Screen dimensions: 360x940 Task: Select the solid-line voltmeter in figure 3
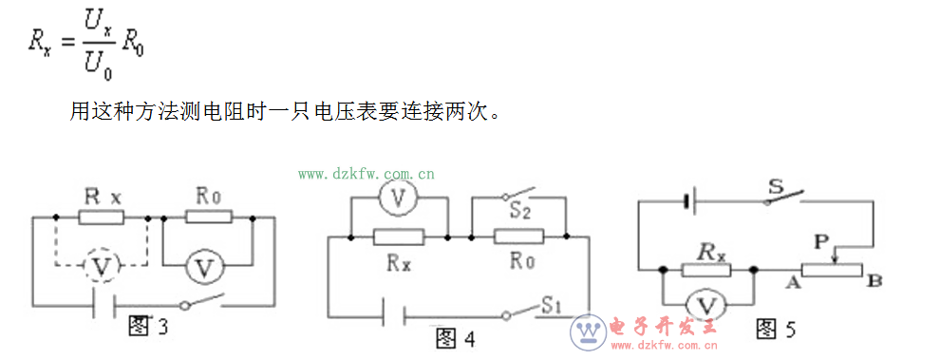(203, 269)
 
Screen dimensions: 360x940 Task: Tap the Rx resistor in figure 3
(101, 218)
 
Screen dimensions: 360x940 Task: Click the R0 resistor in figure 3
(208, 218)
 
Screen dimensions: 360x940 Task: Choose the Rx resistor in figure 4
(399, 237)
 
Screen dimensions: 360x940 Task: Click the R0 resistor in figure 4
(518, 237)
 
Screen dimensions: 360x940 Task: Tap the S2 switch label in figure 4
(518, 211)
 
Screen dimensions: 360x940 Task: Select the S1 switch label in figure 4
(554, 304)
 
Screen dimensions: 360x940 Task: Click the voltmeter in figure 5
(706, 305)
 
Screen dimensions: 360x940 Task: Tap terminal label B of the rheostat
(874, 281)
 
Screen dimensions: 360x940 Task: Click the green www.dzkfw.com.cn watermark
(367, 174)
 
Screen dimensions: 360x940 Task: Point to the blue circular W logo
(588, 332)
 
